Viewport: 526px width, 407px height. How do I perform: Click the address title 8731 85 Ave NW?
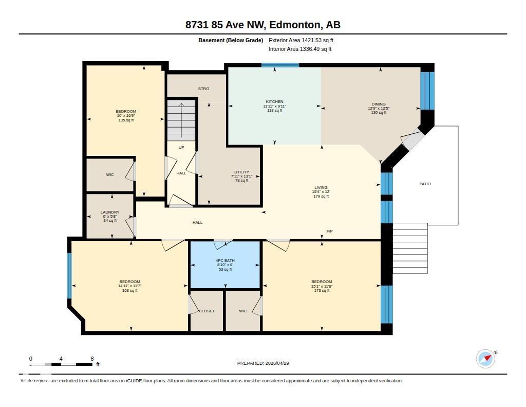[262, 25]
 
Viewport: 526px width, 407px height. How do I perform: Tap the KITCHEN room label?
[274, 102]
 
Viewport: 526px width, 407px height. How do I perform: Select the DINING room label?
[379, 104]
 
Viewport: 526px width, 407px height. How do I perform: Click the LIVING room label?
[321, 188]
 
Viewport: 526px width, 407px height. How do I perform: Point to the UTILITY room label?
[241, 172]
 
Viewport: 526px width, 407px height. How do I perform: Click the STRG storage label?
[203, 89]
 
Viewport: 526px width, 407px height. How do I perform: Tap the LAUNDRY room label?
[110, 213]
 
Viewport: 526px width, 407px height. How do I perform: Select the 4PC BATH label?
[225, 261]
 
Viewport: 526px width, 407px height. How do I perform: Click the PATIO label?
[425, 184]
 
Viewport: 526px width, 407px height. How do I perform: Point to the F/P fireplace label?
[329, 232]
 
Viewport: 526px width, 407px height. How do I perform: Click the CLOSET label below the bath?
[206, 311]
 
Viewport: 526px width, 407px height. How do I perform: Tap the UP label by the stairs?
[181, 148]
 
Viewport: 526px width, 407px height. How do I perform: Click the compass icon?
[485, 359]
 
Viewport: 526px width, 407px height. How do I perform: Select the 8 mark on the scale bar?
[92, 359]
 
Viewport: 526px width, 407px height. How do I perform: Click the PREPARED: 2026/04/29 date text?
[266, 363]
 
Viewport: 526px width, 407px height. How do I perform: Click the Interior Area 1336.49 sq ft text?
[300, 49]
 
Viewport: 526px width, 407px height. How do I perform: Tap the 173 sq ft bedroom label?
[322, 291]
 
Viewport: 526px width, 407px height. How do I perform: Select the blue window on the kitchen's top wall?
[280, 65]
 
